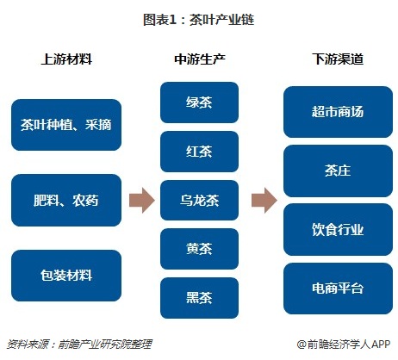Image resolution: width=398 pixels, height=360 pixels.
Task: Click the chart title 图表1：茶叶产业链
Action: coord(199,18)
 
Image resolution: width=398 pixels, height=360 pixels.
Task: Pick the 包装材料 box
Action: coord(65,276)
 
